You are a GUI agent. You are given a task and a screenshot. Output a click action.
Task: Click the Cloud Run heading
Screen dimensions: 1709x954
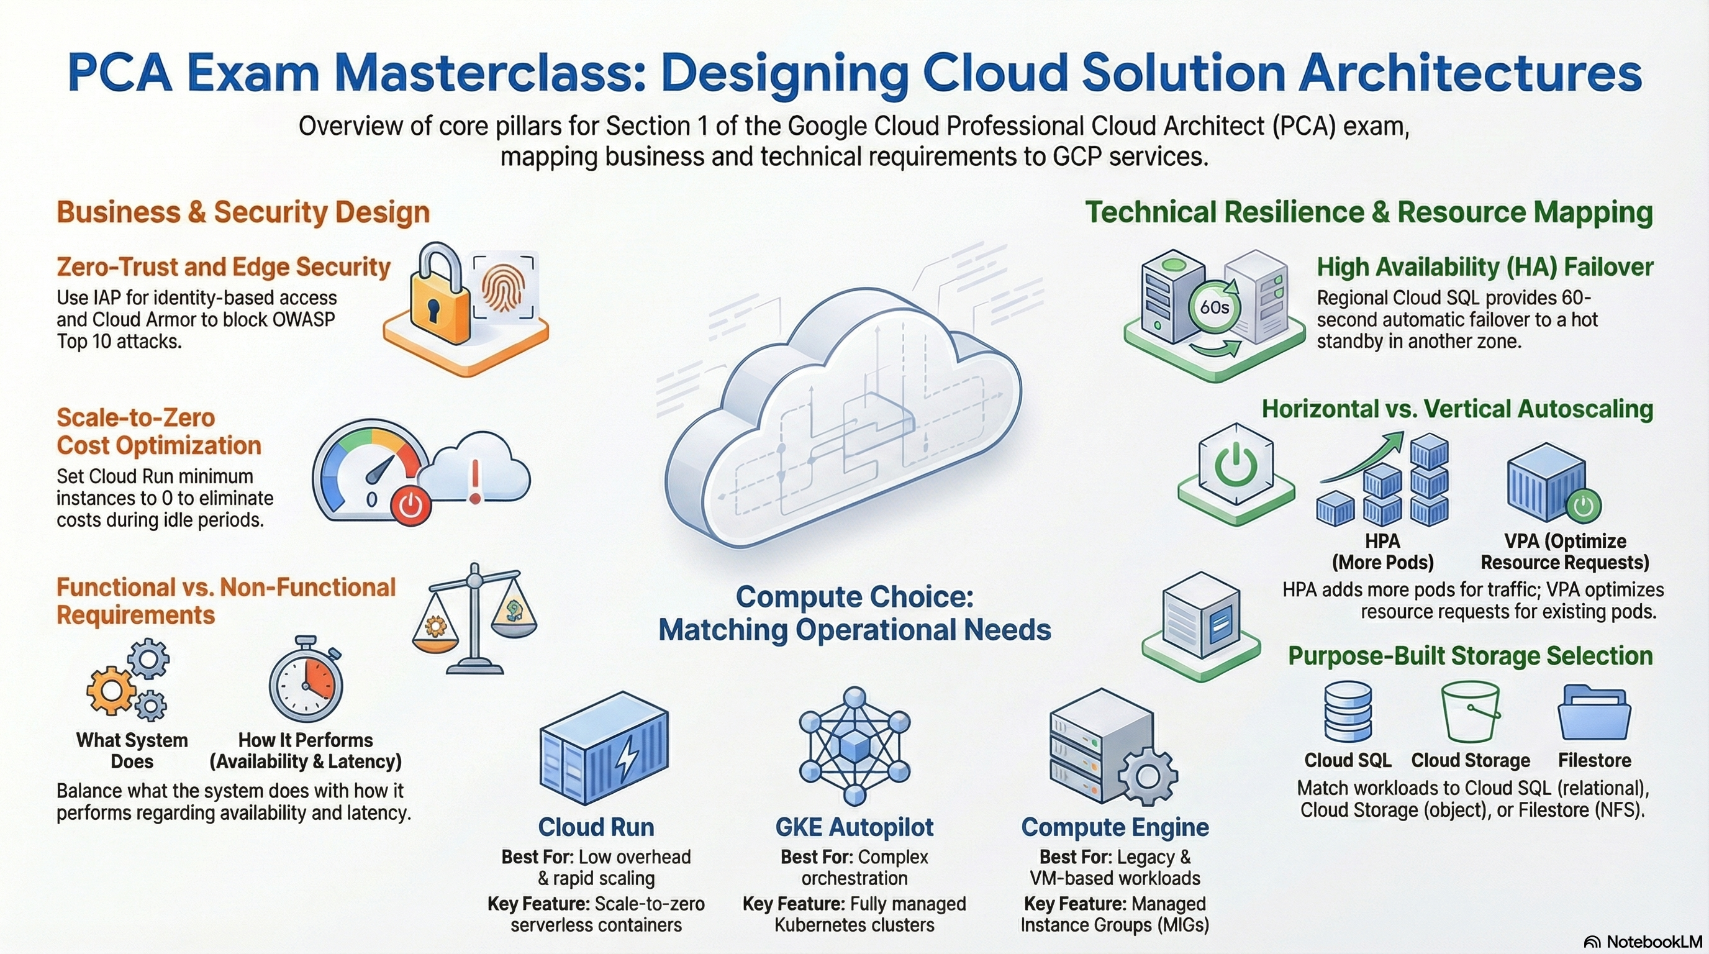click(x=596, y=827)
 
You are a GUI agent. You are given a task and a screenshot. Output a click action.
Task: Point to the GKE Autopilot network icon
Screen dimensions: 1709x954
click(x=854, y=747)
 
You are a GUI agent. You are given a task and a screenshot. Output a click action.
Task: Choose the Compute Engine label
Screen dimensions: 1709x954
click(x=1115, y=827)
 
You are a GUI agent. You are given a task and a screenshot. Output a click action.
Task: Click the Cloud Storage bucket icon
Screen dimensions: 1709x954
click(x=1470, y=712)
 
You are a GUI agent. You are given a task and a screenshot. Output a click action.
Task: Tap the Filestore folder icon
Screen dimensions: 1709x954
click(x=1593, y=713)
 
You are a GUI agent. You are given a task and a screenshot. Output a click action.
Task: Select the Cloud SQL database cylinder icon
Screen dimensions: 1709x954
click(x=1348, y=712)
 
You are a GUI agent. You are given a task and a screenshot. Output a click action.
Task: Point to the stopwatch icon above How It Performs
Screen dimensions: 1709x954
click(x=306, y=679)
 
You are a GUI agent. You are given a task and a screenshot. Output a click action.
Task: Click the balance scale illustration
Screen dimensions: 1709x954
click(x=474, y=619)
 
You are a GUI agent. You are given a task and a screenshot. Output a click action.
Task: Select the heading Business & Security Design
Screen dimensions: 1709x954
click(x=243, y=212)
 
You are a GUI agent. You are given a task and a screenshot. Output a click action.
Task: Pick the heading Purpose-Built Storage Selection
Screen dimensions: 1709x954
click(x=1470, y=655)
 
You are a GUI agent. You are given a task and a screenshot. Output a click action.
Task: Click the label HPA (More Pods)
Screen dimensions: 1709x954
click(x=1382, y=552)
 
